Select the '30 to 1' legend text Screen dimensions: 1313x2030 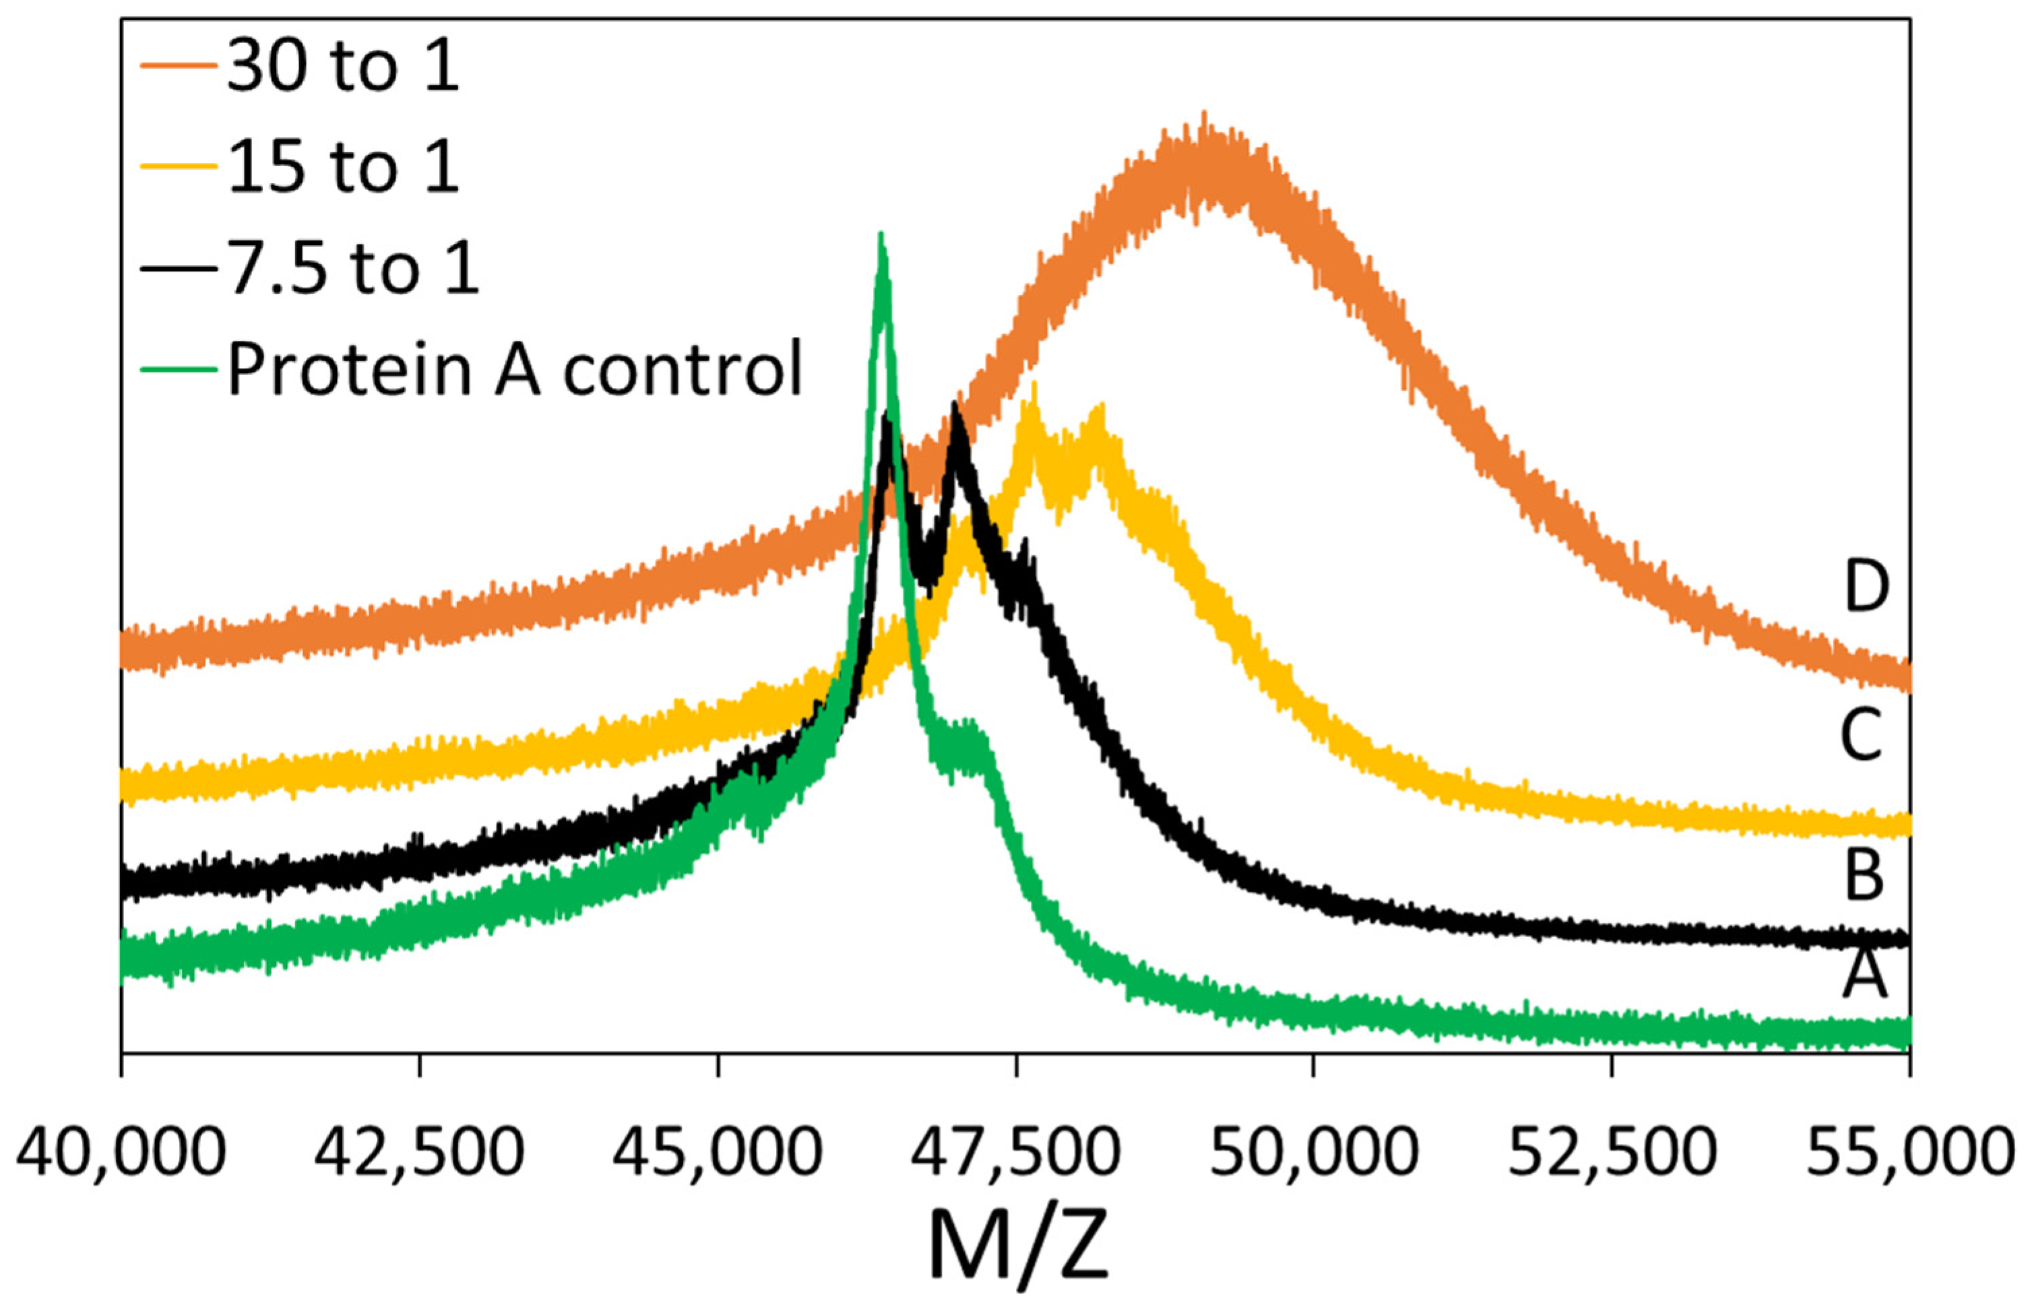pyautogui.click(x=343, y=67)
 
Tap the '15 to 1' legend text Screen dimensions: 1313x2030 pyautogui.click(x=343, y=167)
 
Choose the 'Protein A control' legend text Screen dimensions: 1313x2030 pyautogui.click(x=515, y=369)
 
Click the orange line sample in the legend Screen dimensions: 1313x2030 pyautogui.click(x=178, y=65)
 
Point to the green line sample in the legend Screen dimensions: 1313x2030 pyautogui.click(x=178, y=369)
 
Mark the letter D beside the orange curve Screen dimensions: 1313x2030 pyautogui.click(x=1866, y=587)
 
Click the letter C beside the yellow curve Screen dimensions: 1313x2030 pyautogui.click(x=1860, y=735)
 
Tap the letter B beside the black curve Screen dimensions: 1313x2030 pyautogui.click(x=1864, y=876)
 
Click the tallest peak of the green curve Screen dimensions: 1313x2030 pyautogui.click(x=881, y=234)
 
